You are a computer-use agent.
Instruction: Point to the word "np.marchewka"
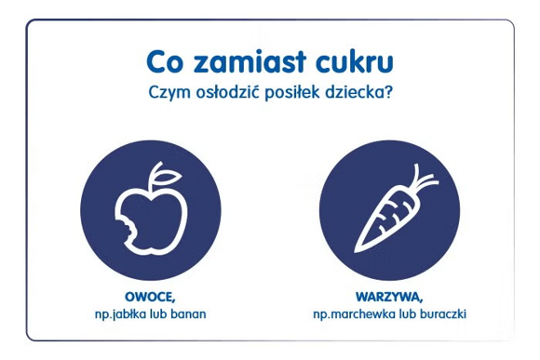pos(354,314)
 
